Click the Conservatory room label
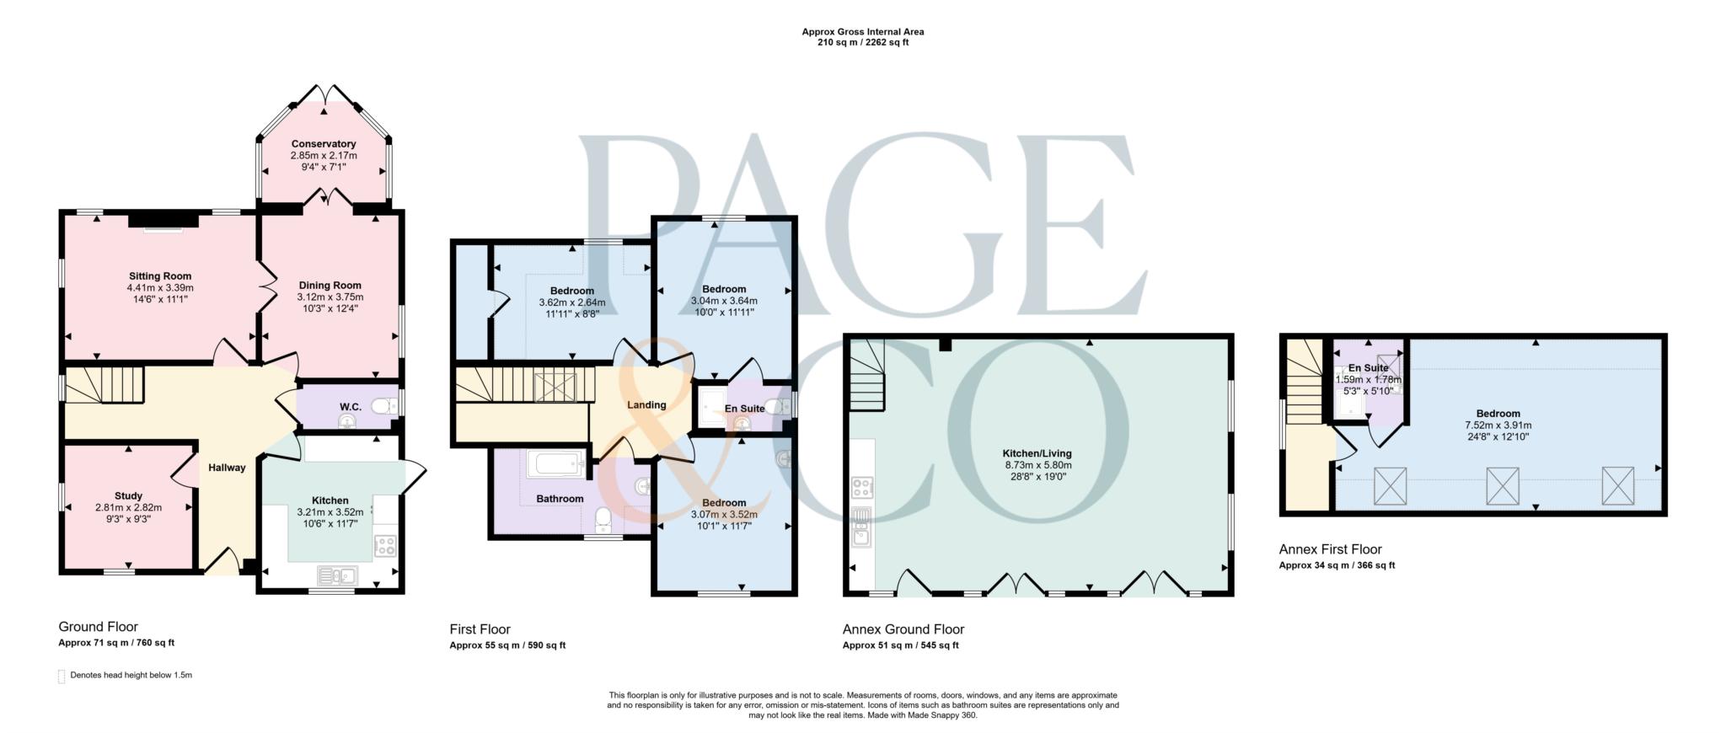click(x=324, y=144)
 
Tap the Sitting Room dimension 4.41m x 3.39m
click(x=160, y=288)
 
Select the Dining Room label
click(x=330, y=286)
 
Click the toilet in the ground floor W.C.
click(x=384, y=407)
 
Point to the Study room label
click(x=128, y=496)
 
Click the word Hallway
click(x=227, y=468)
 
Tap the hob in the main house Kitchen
click(x=385, y=545)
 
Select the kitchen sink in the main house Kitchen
click(x=337, y=576)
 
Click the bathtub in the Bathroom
click(x=555, y=463)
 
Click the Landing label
click(x=646, y=405)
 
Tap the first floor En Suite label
click(x=745, y=409)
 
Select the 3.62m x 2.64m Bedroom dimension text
click(x=572, y=302)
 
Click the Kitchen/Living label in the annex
click(x=1037, y=453)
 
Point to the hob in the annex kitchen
click(x=862, y=487)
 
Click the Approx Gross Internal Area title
click(x=862, y=32)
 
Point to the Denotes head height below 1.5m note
click(x=131, y=675)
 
